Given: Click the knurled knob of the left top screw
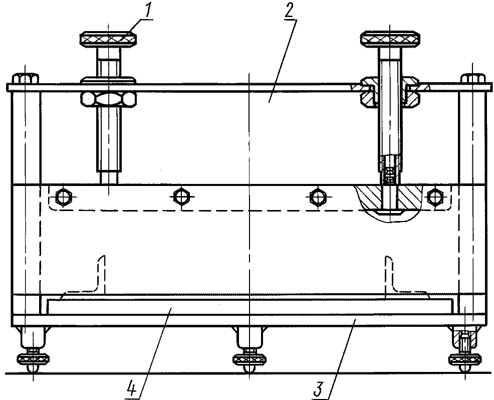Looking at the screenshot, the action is [108, 39].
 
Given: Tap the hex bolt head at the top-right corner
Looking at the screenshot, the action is [472, 79].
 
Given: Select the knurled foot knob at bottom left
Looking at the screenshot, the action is [33, 359].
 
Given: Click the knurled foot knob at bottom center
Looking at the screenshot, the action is [249, 359].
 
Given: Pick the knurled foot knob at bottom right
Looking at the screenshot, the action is [464, 359].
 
